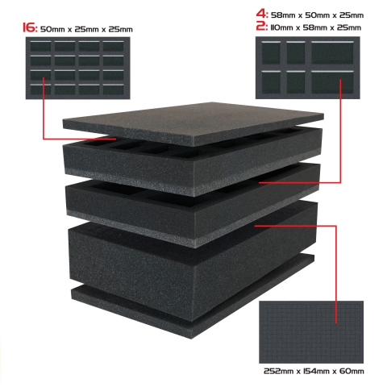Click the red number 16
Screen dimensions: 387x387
[30, 27]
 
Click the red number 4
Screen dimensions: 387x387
[261, 14]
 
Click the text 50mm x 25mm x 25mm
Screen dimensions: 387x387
[86, 29]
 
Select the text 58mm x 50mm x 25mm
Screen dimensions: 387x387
[317, 15]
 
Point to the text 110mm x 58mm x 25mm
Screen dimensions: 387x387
[315, 27]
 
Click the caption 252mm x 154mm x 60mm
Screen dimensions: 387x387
[314, 371]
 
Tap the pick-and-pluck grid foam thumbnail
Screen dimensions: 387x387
[311, 332]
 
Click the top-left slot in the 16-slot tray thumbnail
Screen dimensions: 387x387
[40, 46]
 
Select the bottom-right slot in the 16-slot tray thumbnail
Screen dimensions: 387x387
[114, 89]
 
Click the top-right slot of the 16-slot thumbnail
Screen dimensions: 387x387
[114, 46]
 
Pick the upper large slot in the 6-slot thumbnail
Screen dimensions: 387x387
[332, 52]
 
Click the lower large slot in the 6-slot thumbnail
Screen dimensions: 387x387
[332, 82]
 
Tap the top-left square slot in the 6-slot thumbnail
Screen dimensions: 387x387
[271, 52]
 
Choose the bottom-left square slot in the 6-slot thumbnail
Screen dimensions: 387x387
[271, 82]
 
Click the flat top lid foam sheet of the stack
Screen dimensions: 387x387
[193, 123]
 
